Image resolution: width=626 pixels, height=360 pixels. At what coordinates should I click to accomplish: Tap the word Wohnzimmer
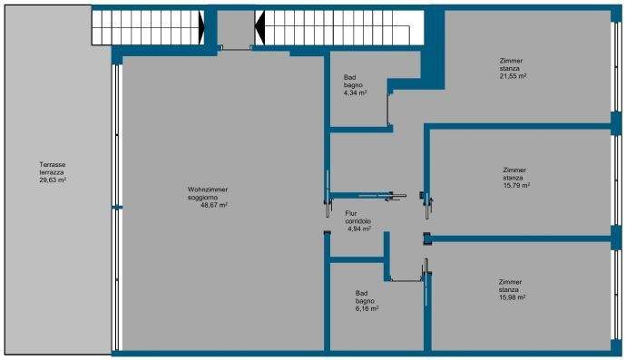click(x=208, y=190)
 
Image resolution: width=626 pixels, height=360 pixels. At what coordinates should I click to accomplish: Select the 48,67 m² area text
click(x=213, y=205)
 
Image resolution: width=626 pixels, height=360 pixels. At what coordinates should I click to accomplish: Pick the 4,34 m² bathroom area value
click(x=355, y=92)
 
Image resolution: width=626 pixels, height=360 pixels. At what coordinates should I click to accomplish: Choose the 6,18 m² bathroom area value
click(x=367, y=308)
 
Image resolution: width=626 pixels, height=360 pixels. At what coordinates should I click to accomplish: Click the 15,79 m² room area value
click(x=515, y=185)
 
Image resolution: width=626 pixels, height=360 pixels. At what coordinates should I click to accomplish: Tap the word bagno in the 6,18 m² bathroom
click(x=365, y=301)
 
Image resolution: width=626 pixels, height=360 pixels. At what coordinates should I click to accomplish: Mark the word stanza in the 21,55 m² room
click(x=510, y=69)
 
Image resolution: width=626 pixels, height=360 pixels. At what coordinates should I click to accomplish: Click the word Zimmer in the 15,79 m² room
click(x=514, y=170)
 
